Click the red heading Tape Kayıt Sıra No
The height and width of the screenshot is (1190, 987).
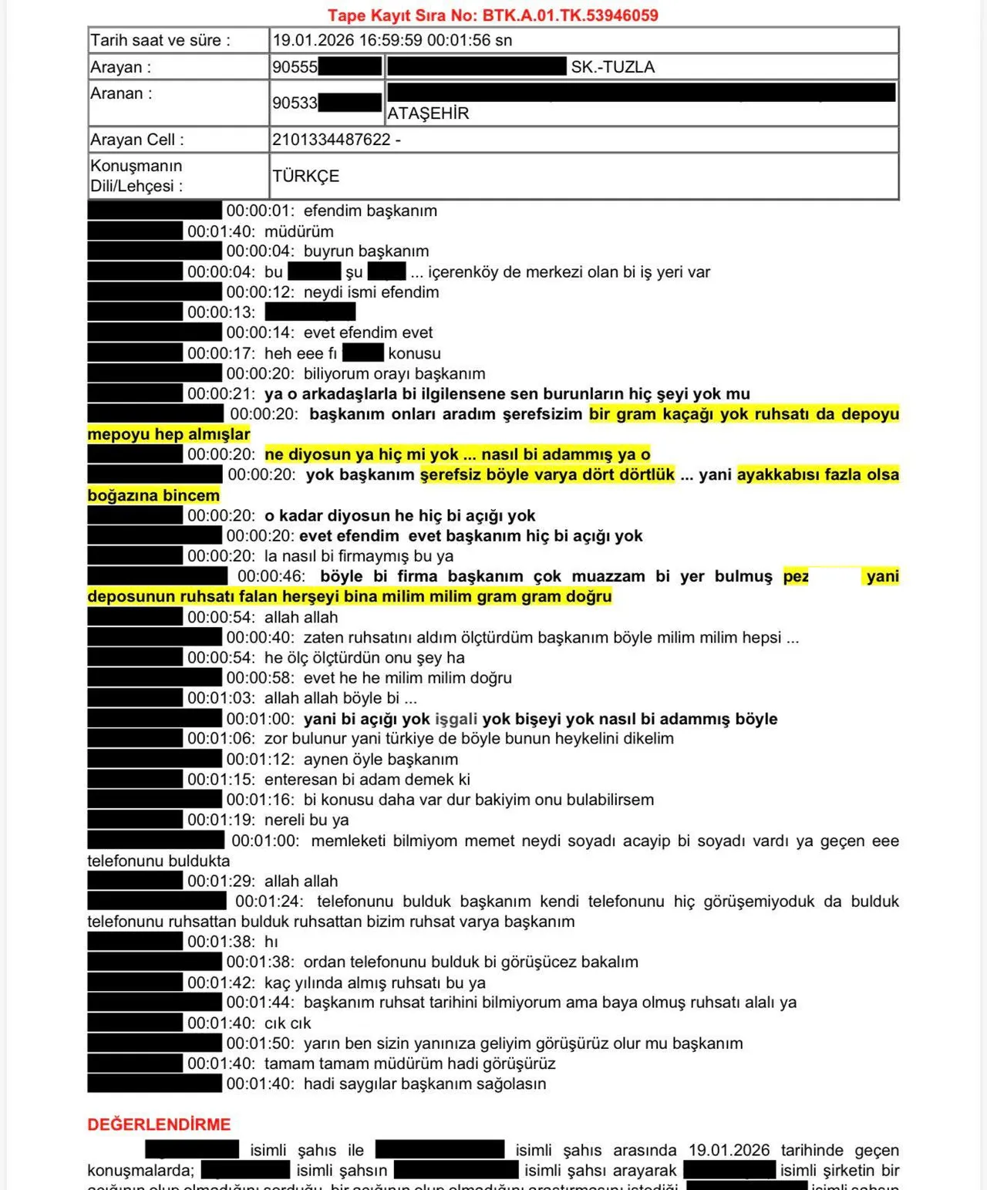point(492,15)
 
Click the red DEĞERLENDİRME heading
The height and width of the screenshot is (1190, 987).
point(159,1124)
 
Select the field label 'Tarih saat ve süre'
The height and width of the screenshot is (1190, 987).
point(160,40)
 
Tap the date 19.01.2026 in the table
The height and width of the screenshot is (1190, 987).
point(313,40)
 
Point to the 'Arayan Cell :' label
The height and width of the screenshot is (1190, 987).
point(136,140)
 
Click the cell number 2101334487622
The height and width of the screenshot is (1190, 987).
point(332,140)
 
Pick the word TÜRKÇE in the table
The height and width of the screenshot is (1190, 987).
point(305,176)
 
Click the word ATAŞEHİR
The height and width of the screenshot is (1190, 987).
point(428,113)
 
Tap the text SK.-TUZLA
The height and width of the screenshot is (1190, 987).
point(612,67)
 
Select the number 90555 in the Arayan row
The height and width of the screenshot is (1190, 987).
point(295,67)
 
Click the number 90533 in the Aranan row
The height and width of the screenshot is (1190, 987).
point(295,103)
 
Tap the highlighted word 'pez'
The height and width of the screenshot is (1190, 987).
point(796,576)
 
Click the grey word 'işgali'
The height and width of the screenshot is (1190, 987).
point(456,719)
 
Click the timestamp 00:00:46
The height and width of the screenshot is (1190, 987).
point(271,576)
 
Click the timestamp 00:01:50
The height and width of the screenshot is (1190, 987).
point(260,1043)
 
